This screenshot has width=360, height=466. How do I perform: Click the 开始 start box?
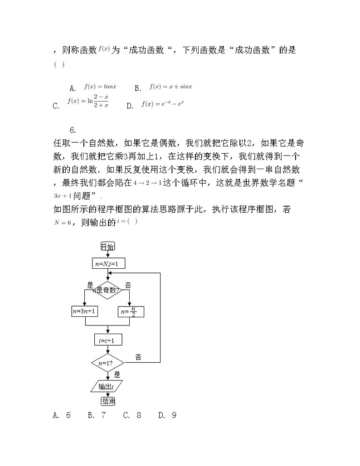(107, 246)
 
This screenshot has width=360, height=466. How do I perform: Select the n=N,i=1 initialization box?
(108, 263)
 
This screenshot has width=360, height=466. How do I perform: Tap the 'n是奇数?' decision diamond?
(107, 291)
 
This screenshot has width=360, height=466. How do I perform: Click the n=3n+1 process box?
(85, 311)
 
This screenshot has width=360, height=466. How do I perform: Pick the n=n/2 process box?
(131, 311)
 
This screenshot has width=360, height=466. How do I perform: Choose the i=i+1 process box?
(107, 340)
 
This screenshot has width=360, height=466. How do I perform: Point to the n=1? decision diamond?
(107, 363)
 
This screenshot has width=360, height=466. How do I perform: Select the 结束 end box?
(107, 401)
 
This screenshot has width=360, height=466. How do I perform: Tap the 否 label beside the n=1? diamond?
(138, 357)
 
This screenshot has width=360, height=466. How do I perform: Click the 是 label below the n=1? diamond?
(117, 375)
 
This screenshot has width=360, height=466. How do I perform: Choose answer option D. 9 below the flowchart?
(167, 415)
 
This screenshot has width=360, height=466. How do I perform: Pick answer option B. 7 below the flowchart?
(97, 415)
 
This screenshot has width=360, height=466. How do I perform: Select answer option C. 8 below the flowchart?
(132, 415)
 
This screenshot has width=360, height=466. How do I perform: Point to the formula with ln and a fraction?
(88, 101)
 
